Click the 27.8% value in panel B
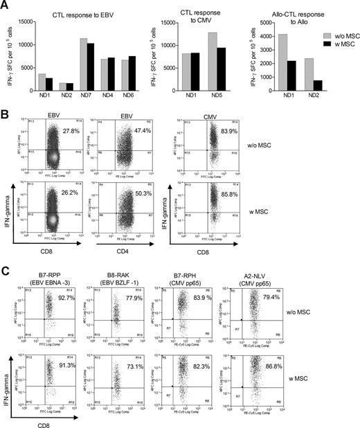pos(72,131)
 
